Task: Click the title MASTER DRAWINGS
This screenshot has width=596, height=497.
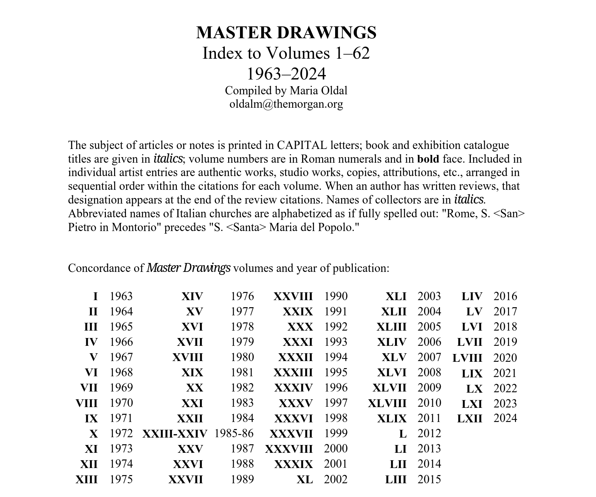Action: [286, 33]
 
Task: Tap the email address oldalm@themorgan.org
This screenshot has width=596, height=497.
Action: [286, 104]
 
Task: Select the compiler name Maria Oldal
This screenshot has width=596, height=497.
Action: [318, 91]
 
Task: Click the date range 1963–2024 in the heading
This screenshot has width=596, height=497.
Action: [286, 74]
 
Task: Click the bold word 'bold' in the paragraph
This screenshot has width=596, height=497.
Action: [428, 159]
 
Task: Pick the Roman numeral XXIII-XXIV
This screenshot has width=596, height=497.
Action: [175, 433]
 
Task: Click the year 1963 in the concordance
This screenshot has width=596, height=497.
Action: [121, 296]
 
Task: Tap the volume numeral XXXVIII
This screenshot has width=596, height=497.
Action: [289, 449]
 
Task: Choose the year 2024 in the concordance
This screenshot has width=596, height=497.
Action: [505, 418]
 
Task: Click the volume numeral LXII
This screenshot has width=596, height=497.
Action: [470, 418]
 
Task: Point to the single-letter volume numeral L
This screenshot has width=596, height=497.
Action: [403, 433]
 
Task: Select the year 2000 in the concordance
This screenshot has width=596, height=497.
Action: [336, 449]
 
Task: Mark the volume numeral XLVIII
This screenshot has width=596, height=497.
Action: [387, 403]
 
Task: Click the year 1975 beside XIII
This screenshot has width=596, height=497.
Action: [121, 479]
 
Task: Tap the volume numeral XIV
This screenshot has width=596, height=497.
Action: [192, 296]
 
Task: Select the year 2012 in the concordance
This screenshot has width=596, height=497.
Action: [429, 433]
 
